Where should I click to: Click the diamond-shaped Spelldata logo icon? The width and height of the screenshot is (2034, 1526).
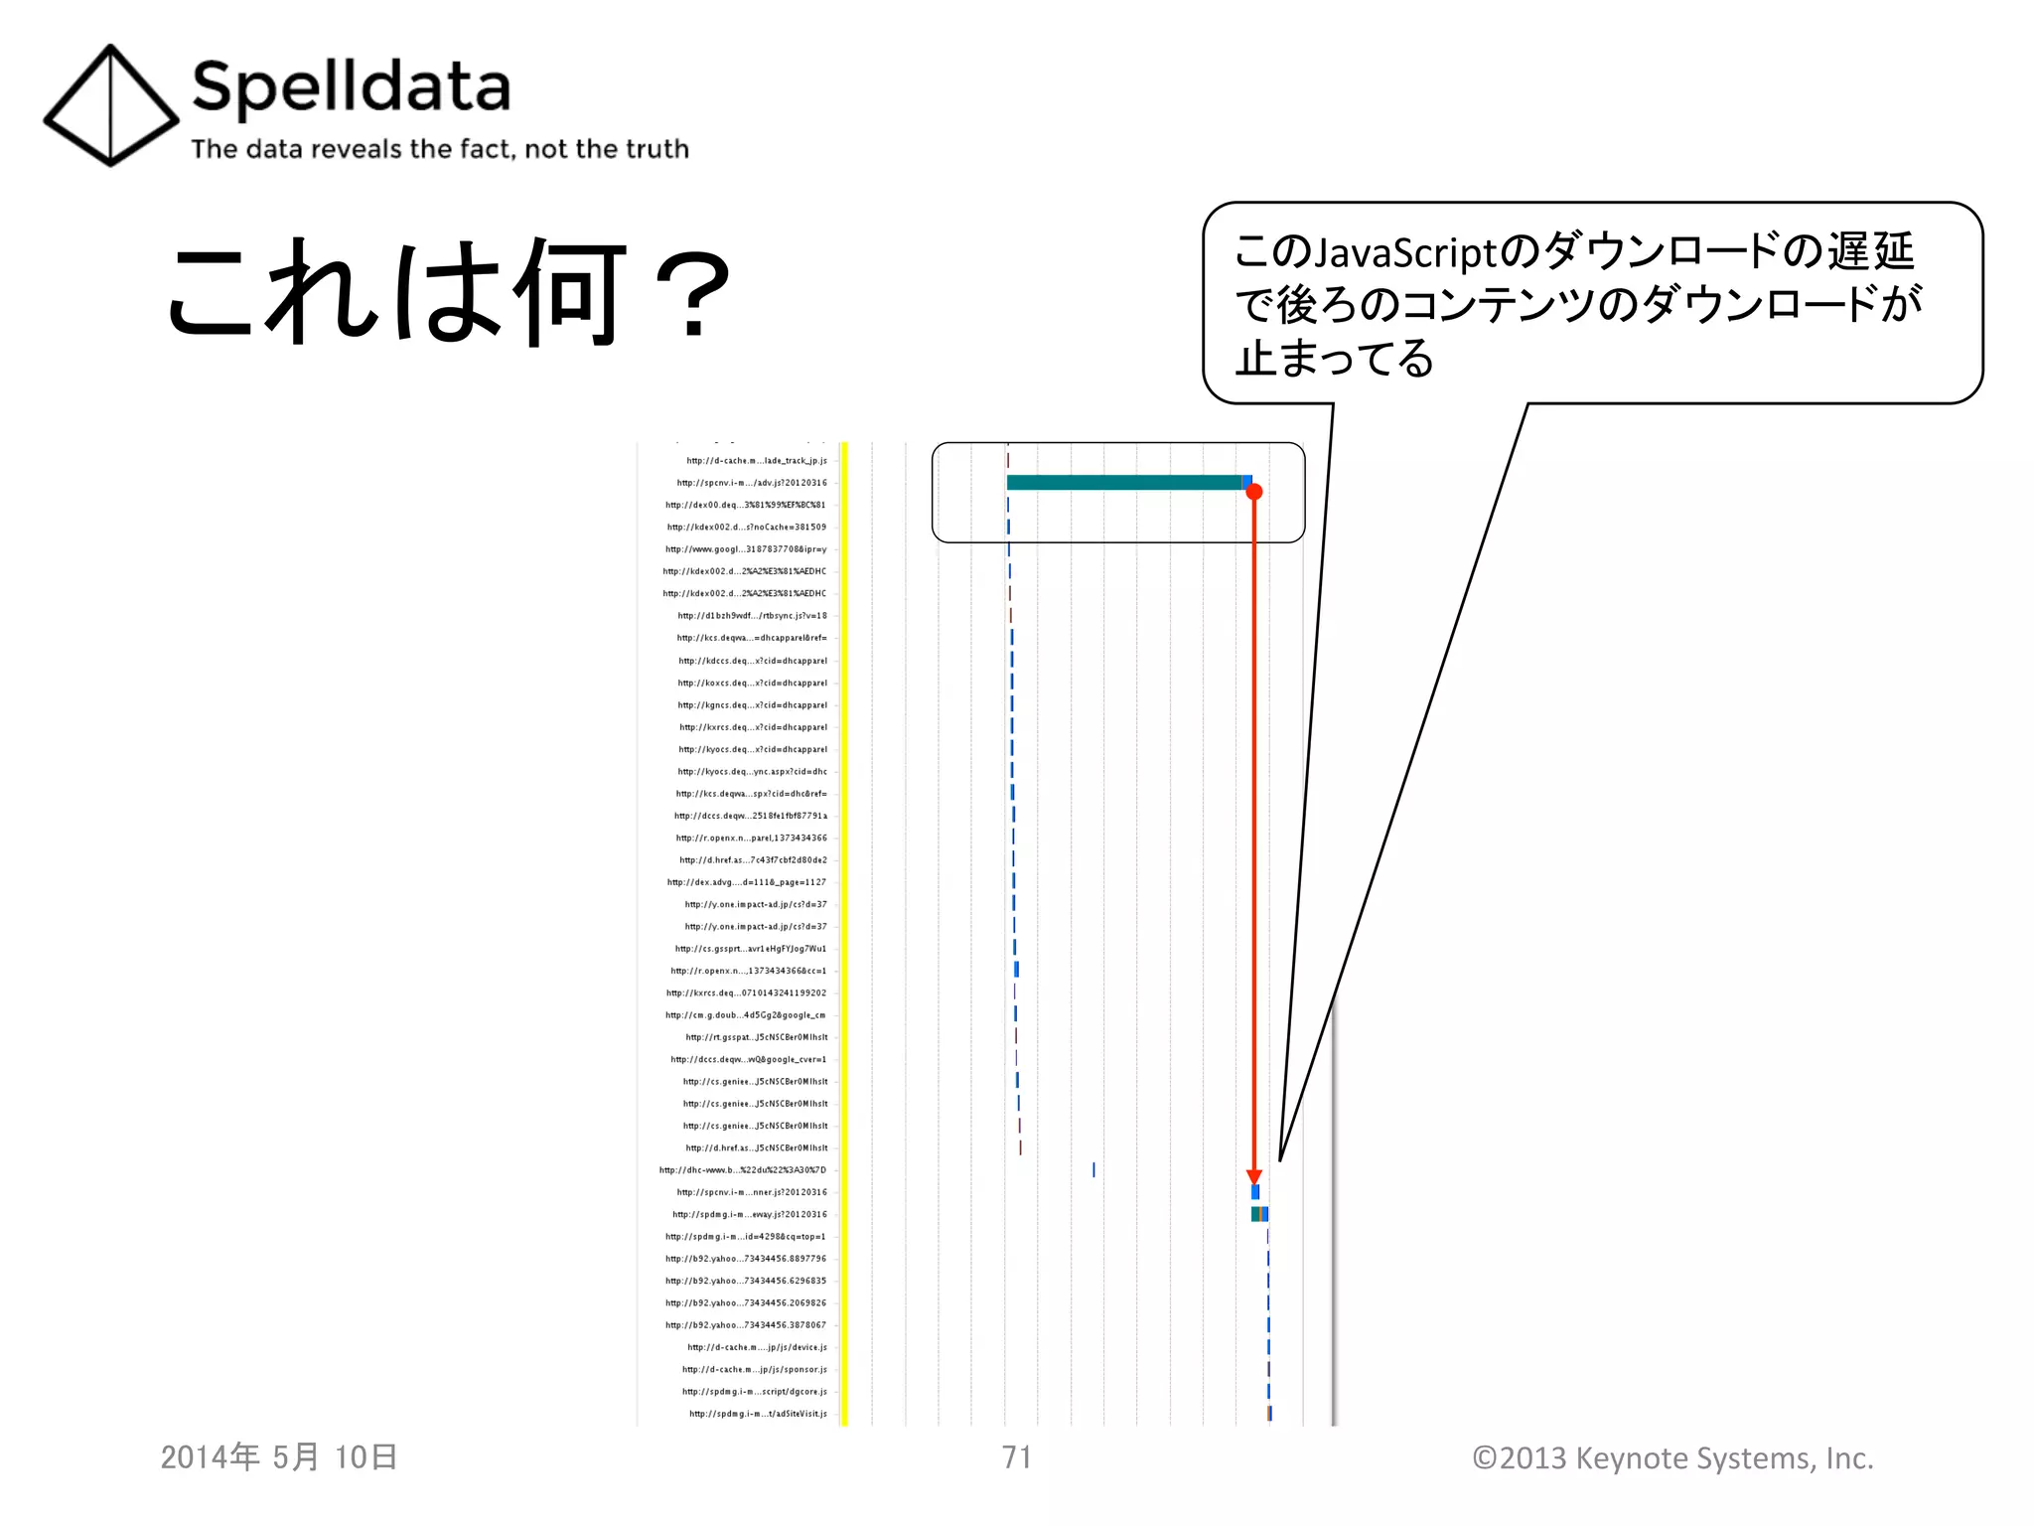pos(109,105)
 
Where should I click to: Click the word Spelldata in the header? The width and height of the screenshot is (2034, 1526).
pos(351,87)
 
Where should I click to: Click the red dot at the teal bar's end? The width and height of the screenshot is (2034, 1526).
pos(1254,492)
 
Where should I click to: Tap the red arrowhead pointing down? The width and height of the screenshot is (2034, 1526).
pos(1254,1176)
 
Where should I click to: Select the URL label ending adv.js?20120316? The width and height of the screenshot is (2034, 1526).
pos(752,483)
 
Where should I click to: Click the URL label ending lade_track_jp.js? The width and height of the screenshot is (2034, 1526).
pos(756,461)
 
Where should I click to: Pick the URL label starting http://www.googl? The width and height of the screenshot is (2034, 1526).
pos(746,549)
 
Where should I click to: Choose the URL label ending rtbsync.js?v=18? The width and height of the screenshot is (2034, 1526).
pos(752,616)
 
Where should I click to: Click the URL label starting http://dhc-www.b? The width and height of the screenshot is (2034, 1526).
pos(743,1170)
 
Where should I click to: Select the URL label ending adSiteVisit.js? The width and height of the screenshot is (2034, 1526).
pos(758,1414)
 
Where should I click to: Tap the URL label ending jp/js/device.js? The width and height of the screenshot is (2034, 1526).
pos(757,1347)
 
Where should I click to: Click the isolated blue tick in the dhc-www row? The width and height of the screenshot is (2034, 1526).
pos(1093,1170)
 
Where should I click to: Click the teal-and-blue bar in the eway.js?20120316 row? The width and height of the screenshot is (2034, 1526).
pos(1259,1214)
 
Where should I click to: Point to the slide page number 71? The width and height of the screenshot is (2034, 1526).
pos(1017,1457)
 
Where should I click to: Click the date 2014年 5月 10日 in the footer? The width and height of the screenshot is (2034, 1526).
pos(279,1457)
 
